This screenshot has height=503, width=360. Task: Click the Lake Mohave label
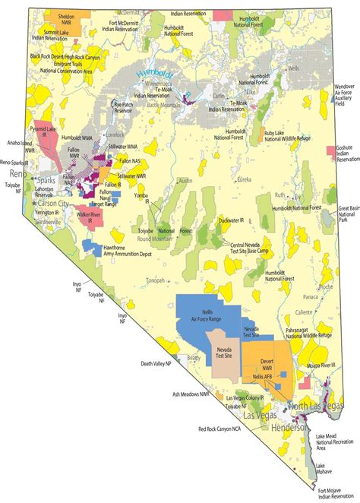pos(326,467)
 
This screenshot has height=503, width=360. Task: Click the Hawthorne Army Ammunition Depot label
pos(121,251)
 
